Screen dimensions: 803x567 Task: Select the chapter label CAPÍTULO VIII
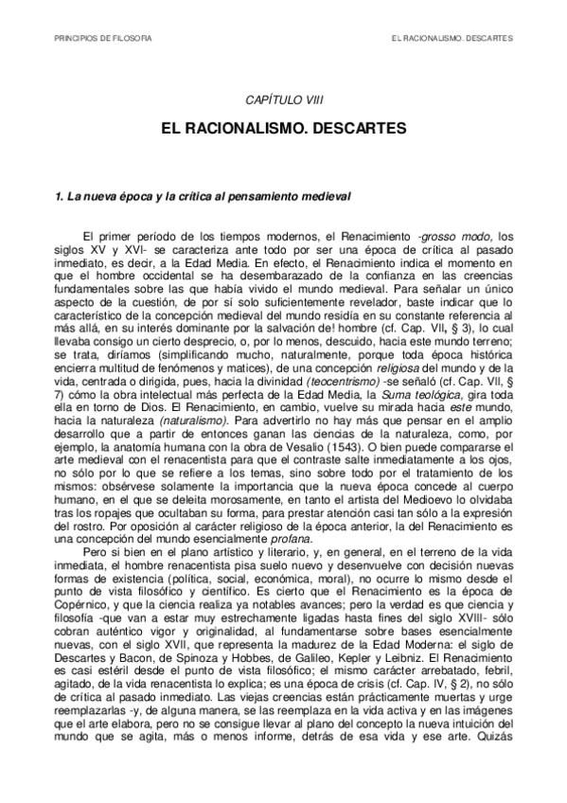283,99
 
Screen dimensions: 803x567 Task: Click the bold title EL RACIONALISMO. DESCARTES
283,125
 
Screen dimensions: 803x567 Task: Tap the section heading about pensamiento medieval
203,197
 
